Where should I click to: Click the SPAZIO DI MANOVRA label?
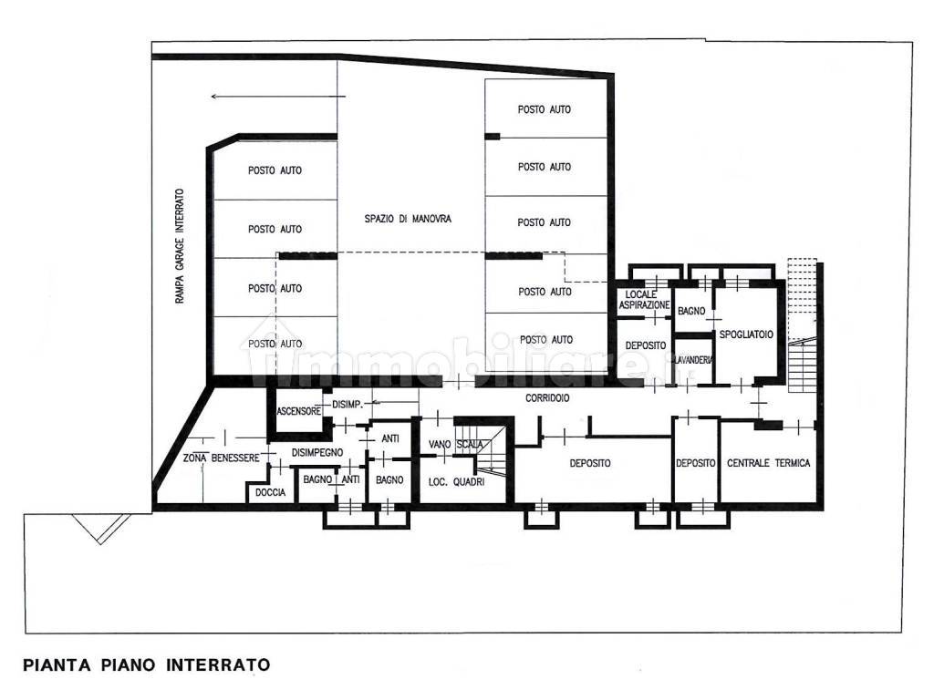click(408, 219)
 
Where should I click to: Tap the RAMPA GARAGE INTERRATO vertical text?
click(180, 246)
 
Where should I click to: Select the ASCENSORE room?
click(299, 411)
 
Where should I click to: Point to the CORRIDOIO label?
click(547, 398)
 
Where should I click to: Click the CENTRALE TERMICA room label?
click(768, 462)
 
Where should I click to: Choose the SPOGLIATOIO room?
click(746, 335)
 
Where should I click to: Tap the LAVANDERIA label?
click(694, 360)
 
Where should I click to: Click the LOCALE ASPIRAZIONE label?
click(645, 299)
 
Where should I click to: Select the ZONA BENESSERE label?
click(221, 458)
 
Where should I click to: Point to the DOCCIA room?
click(270, 492)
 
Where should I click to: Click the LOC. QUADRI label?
click(457, 481)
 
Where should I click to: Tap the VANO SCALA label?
click(457, 444)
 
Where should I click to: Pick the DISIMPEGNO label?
click(317, 452)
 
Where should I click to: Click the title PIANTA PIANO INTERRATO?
click(147, 664)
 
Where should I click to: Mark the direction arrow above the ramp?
click(278, 96)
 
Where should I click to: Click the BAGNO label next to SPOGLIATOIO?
click(691, 311)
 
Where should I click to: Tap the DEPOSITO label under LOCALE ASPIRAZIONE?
click(646, 345)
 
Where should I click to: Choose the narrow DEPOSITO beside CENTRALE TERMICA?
click(696, 462)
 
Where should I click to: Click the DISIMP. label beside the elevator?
click(348, 404)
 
